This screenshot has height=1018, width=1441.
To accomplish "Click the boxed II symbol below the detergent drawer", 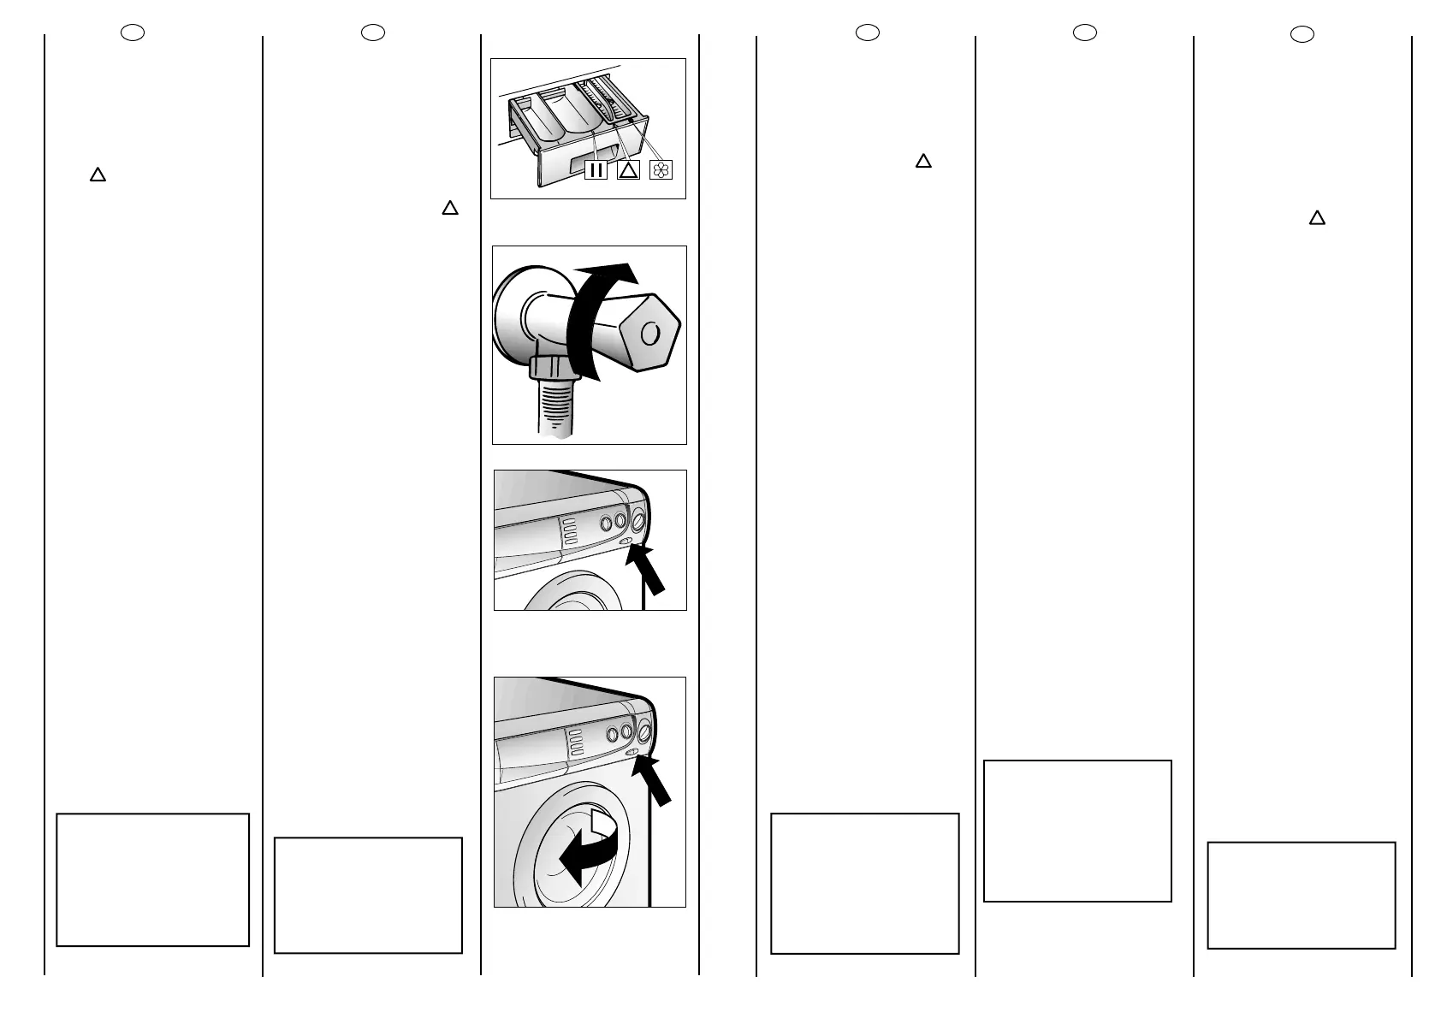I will point(596,169).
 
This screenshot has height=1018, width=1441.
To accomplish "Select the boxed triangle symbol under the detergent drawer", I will point(628,169).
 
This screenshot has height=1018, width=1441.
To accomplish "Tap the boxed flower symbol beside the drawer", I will point(661,169).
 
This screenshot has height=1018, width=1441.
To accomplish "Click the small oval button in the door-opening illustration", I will point(632,752).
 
